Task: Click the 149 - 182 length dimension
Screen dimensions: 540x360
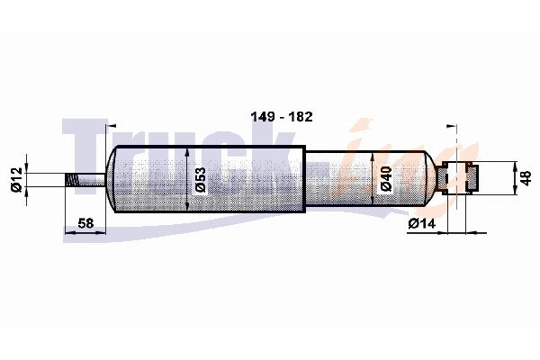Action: (x=282, y=117)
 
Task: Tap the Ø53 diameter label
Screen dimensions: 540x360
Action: (x=200, y=179)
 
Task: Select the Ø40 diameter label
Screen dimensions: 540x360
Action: (x=386, y=178)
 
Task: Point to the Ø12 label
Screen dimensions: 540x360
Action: (x=16, y=179)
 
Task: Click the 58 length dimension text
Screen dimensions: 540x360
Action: (x=85, y=223)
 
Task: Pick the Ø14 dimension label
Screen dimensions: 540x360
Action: (x=422, y=224)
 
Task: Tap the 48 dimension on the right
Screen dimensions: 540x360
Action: (x=526, y=178)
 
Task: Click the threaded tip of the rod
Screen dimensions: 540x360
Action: (x=72, y=180)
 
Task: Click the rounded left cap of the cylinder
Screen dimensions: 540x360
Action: (x=111, y=179)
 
